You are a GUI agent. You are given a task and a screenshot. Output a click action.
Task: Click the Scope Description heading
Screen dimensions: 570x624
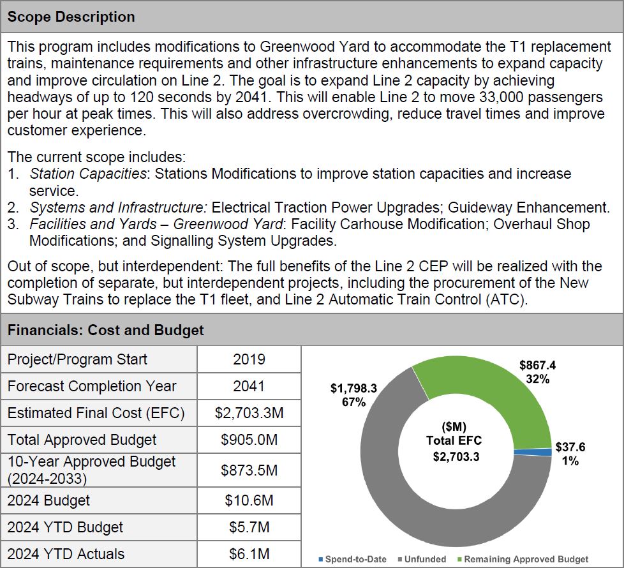(71, 17)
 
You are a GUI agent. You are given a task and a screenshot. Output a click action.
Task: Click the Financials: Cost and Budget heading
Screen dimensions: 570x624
(105, 330)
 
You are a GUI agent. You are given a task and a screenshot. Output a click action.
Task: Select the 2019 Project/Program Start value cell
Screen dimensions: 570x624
(249, 359)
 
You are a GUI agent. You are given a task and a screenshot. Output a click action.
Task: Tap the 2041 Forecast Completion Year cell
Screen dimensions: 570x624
(249, 386)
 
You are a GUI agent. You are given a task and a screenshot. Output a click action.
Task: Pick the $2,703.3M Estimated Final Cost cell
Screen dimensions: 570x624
(249, 413)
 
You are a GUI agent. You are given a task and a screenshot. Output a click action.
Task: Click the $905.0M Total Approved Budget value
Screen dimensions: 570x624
(249, 440)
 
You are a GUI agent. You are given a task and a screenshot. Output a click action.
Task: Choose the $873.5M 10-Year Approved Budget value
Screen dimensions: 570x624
(249, 470)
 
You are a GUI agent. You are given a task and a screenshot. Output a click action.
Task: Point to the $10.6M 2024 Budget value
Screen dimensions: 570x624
(249, 500)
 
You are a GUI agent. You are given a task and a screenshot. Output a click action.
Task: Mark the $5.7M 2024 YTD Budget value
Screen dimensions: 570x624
(249, 527)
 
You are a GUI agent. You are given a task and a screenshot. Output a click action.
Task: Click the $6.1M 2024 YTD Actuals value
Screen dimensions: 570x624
(249, 554)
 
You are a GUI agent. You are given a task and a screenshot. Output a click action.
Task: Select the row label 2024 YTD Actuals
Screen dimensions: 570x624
(66, 554)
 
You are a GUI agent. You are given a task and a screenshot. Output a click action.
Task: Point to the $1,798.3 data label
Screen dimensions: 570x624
(353, 394)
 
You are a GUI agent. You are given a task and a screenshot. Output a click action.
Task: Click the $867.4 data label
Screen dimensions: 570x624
(537, 371)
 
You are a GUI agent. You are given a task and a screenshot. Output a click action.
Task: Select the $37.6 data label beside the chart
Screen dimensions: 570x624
(570, 453)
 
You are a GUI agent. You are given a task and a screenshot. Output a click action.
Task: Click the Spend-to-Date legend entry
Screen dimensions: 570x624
(355, 559)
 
